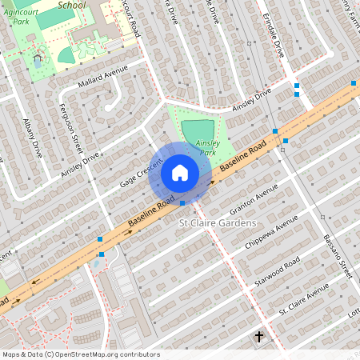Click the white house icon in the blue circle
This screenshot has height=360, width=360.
180,172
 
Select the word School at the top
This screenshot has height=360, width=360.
71,4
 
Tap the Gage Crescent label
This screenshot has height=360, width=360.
142,173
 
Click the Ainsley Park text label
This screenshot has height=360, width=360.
206,147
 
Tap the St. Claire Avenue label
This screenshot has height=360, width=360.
303,298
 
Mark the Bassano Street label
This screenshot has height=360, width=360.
337,257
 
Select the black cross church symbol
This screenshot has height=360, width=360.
258,337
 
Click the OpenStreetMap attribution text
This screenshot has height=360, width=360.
81,354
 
